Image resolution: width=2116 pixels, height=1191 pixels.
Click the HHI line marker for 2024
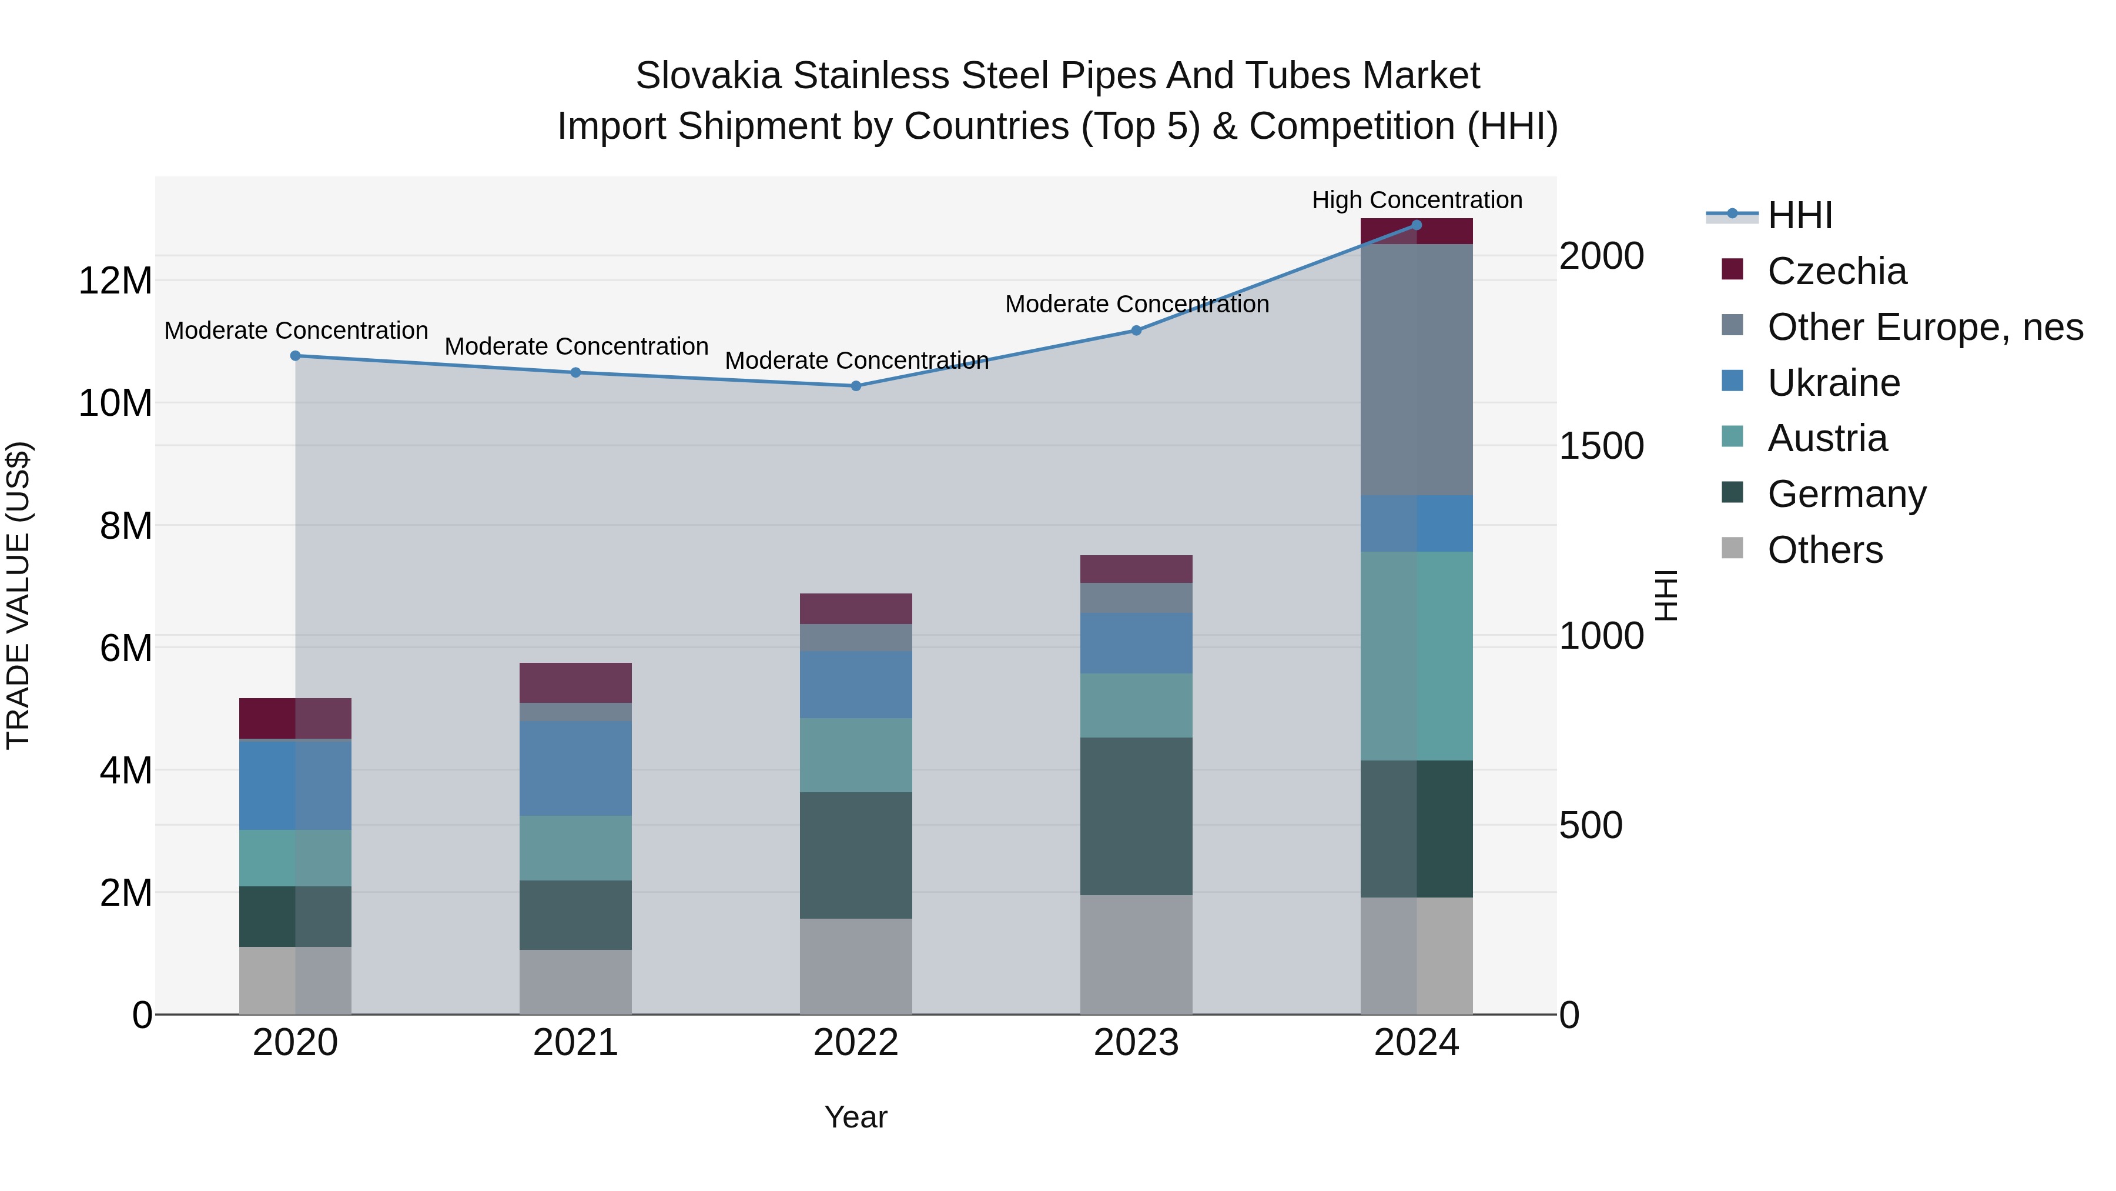(x=1416, y=225)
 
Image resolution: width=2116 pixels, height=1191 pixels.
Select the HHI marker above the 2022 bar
(x=856, y=385)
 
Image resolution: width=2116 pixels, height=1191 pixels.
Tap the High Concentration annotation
(x=1417, y=201)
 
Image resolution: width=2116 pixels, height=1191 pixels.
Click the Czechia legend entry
(x=1837, y=271)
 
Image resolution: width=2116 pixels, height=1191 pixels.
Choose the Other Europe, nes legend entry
(x=1924, y=327)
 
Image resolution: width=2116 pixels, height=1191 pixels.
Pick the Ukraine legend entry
(x=1833, y=383)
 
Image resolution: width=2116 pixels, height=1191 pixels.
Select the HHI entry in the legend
(x=1800, y=215)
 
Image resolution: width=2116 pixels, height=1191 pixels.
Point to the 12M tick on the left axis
(x=115, y=281)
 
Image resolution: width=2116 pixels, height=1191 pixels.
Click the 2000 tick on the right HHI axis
(x=1601, y=256)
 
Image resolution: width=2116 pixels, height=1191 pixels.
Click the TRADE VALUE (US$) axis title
(x=18, y=595)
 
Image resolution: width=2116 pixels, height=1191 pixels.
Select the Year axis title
(x=856, y=1117)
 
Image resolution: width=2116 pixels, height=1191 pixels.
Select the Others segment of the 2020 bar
(x=295, y=980)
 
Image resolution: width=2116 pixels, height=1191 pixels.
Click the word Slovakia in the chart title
(x=708, y=76)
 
